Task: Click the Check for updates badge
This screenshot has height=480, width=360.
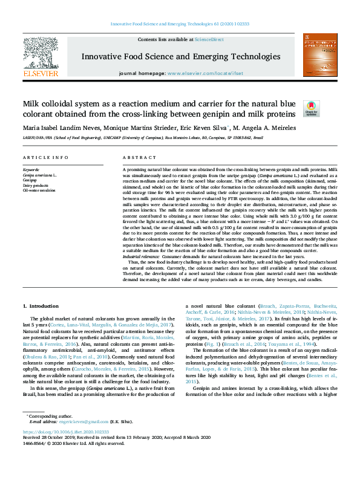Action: point(311,108)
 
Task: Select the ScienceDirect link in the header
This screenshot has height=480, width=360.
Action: point(209,39)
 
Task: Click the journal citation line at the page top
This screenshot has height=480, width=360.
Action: point(179,24)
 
